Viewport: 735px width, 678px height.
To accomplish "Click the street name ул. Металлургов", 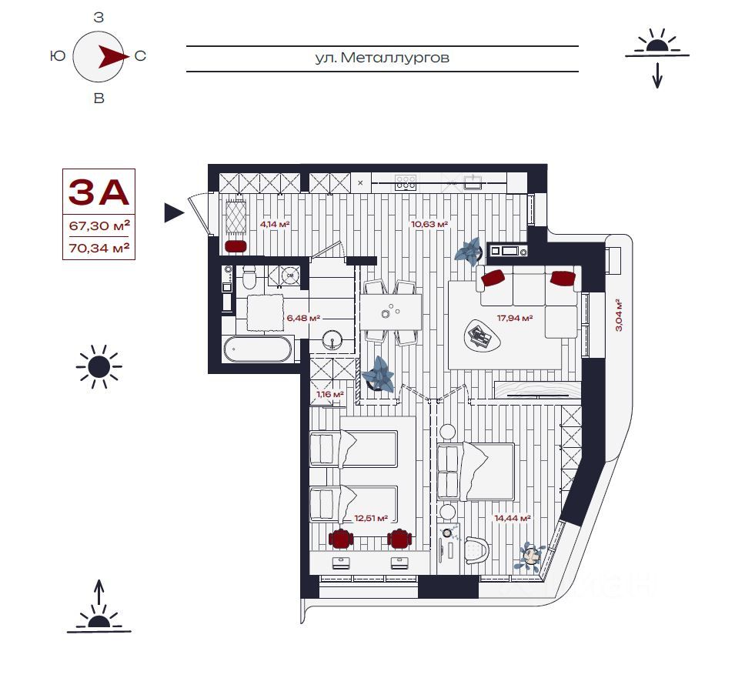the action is [382, 58].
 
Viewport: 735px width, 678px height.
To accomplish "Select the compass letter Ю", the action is [58, 56].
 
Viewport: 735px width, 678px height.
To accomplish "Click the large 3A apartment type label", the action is [99, 192].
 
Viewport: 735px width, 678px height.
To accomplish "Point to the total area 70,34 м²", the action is [99, 248].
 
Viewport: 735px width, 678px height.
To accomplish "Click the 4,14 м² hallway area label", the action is [275, 224].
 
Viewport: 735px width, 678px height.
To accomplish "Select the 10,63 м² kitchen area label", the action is [429, 224].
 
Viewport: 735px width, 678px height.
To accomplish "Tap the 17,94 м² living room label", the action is [515, 318].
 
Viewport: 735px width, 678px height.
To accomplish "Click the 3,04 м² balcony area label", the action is [619, 315].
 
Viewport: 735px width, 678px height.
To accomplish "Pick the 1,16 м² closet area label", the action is [330, 394].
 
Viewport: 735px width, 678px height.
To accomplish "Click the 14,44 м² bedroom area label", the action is [513, 518].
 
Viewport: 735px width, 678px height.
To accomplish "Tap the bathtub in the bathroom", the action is [257, 349].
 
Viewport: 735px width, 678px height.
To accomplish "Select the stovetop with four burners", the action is [406, 182].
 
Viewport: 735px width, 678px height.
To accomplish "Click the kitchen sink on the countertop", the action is [472, 182].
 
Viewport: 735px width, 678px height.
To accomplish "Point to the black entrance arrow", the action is [174, 213].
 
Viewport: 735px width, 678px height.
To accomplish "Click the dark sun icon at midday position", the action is [99, 367].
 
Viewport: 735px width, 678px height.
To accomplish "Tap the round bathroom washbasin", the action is [332, 339].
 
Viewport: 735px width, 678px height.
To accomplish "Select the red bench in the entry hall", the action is [236, 246].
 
